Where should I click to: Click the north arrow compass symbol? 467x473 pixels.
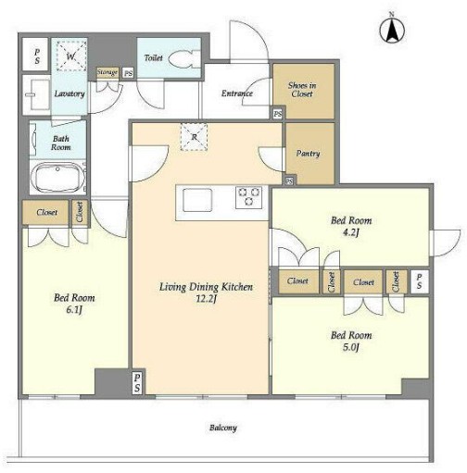coord(392,30)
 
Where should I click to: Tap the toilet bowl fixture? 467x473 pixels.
coord(184,59)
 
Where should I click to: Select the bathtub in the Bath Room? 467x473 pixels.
coord(57,177)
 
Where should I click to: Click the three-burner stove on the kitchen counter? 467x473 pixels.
coord(248,197)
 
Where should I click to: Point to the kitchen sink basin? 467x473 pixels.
coord(197,200)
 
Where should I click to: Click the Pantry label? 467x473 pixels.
coord(308,154)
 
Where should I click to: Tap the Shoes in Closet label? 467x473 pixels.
coord(302,90)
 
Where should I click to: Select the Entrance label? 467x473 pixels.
coord(237,93)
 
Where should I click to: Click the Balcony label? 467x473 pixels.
coord(223,428)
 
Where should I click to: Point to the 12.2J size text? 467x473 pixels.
coord(206,299)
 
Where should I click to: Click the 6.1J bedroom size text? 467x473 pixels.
coord(74,310)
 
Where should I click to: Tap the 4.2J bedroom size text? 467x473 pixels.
coord(351,232)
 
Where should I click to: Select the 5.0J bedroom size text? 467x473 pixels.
coord(351,347)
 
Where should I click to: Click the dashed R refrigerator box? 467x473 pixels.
coord(194,137)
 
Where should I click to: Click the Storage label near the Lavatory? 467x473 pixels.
coord(107,72)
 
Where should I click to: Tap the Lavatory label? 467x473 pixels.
coord(69,93)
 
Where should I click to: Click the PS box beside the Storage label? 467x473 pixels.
coord(128,73)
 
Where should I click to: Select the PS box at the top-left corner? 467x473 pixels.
coord(36,55)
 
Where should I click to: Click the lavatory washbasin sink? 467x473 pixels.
coord(37,94)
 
